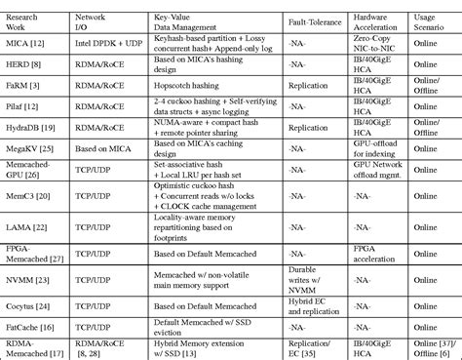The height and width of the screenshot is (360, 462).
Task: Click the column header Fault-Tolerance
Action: coord(316,19)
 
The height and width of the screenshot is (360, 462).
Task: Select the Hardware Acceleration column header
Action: coord(379,19)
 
